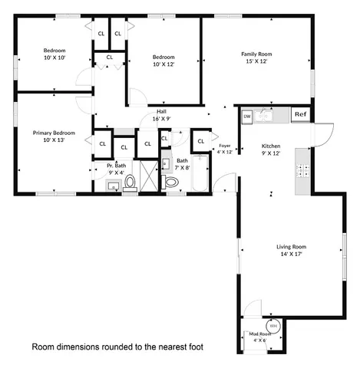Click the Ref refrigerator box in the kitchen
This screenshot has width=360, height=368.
point(301,116)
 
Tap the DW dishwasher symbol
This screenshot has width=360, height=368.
point(247,117)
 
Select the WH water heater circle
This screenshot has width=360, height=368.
point(273,325)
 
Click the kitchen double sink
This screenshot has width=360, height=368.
point(265,116)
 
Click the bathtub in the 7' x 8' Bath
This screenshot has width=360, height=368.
point(200,172)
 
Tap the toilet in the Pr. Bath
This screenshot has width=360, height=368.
point(130,181)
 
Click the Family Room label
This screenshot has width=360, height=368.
point(256,58)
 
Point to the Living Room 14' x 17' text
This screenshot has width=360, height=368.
point(291,251)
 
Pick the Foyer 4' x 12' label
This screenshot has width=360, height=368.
point(224,148)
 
